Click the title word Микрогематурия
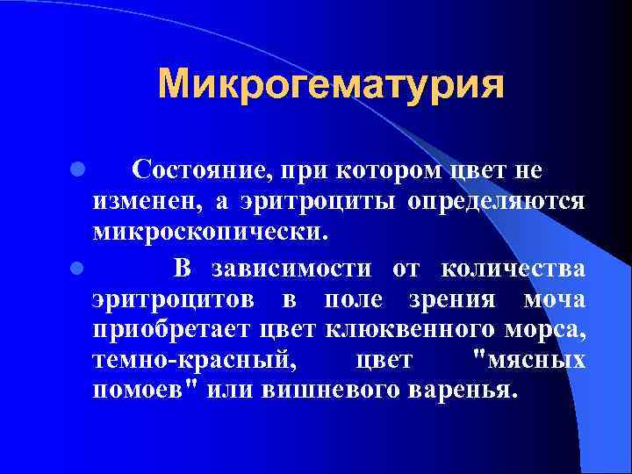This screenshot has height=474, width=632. coord(331,86)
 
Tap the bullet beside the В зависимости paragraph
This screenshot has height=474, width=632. coord(78,265)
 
